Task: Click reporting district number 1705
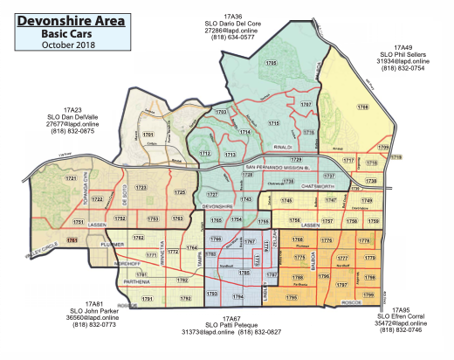[272, 65]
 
